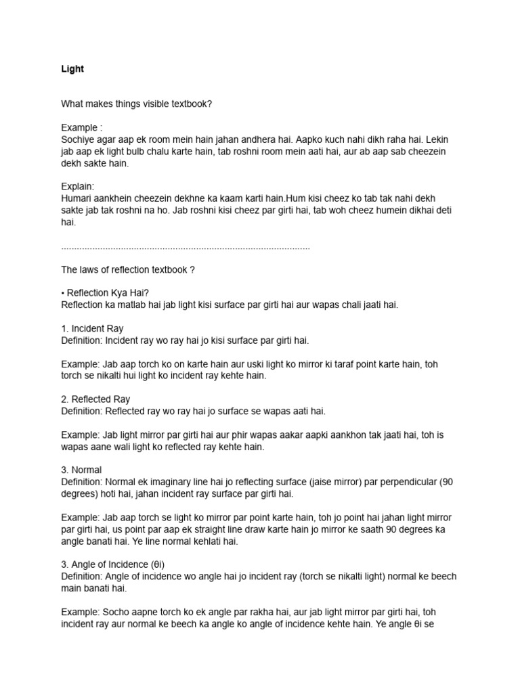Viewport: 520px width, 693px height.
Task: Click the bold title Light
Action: click(72, 69)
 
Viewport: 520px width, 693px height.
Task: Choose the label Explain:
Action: click(78, 186)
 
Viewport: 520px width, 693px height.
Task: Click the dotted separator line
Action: click(186, 247)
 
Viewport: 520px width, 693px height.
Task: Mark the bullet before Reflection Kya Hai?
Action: click(63, 293)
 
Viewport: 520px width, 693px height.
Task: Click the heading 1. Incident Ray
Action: click(92, 328)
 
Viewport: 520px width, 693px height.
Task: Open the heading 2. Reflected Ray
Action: click(95, 399)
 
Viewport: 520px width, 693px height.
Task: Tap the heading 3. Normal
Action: click(81, 470)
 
